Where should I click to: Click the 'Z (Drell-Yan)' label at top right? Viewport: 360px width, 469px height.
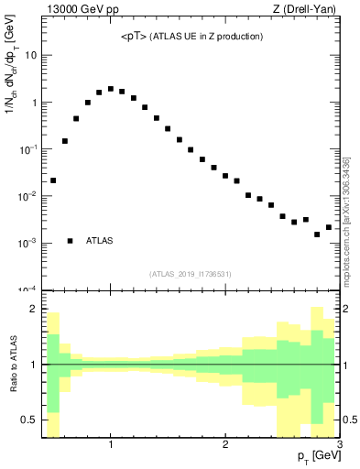pos(311,10)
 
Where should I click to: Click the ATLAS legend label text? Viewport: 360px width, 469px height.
pos(100,241)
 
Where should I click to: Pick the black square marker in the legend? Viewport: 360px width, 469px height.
pos(71,241)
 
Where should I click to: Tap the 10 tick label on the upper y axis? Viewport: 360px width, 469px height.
pos(30,55)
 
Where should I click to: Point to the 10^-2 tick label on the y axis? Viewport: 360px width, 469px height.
pos(27,196)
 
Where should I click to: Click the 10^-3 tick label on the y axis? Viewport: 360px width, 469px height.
pos(27,243)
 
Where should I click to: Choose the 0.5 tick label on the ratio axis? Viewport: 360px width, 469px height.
pos(28,420)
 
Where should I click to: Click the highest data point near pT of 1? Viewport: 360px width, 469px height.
pos(111,89)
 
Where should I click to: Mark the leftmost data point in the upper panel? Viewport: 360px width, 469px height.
pos(53,180)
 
